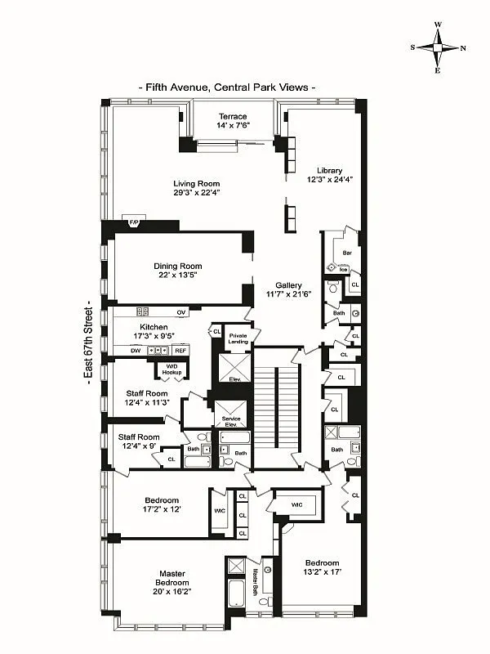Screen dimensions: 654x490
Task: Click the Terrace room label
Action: click(x=232, y=116)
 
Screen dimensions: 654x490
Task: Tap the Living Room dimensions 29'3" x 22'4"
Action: click(x=197, y=192)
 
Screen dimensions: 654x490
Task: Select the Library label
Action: click(x=325, y=170)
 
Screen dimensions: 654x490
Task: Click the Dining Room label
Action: click(x=178, y=266)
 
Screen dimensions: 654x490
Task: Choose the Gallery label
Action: click(x=288, y=285)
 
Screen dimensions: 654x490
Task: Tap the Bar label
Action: click(x=347, y=253)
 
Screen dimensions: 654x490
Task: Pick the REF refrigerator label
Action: click(x=180, y=350)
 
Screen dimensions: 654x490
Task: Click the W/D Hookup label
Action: click(x=171, y=369)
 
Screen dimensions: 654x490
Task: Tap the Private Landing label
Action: click(x=238, y=338)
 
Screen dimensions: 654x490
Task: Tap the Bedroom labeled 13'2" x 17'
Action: click(x=322, y=567)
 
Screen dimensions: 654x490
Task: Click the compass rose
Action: click(x=438, y=47)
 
